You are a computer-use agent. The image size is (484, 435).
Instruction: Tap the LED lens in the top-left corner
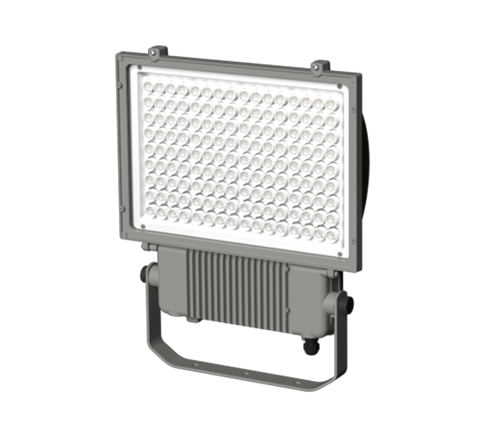[148, 86]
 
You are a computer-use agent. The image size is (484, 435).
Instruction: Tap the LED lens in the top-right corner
[332, 104]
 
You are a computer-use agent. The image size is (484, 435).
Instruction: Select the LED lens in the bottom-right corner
[332, 234]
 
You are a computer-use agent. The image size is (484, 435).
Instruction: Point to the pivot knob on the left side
[147, 274]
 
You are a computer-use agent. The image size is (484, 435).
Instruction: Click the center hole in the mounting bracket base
[246, 374]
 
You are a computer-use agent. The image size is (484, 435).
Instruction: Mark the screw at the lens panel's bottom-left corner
[143, 227]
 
